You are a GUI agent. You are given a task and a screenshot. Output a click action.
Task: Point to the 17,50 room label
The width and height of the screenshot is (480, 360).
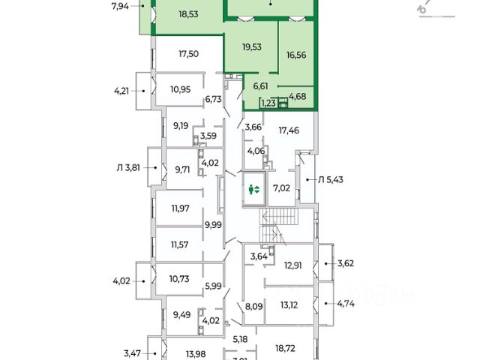[188, 53]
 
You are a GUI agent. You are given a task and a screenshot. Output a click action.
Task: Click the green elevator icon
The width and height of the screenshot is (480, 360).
[253, 190]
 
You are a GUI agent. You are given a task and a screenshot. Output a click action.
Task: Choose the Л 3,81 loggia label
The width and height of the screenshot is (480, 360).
[127, 168]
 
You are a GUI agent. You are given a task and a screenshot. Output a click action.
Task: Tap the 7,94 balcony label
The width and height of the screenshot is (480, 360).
[120, 7]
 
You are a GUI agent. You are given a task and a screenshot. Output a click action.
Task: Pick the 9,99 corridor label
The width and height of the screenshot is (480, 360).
[214, 224]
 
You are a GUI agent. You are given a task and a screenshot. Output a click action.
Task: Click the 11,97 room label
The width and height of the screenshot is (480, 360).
[180, 208]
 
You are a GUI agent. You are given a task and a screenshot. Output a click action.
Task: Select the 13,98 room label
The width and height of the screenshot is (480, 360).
[187, 355]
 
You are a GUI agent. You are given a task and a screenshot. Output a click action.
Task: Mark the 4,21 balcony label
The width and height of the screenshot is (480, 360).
[121, 91]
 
